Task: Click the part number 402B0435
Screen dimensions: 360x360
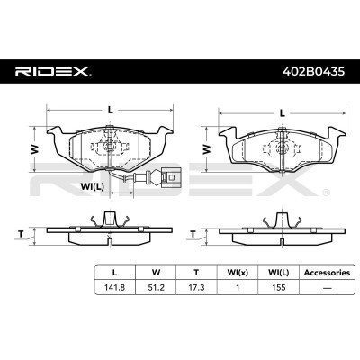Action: [314, 72]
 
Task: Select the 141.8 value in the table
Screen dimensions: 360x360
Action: [114, 287]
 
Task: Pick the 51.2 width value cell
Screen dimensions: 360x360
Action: [156, 287]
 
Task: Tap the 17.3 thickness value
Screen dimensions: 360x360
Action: [196, 287]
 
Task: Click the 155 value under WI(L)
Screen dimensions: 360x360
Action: [279, 287]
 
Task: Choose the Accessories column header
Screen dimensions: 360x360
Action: [327, 273]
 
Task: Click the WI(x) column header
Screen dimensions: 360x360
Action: [238, 273]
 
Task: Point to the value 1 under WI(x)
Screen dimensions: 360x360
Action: [238, 287]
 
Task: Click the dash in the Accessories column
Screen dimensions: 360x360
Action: [327, 288]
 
